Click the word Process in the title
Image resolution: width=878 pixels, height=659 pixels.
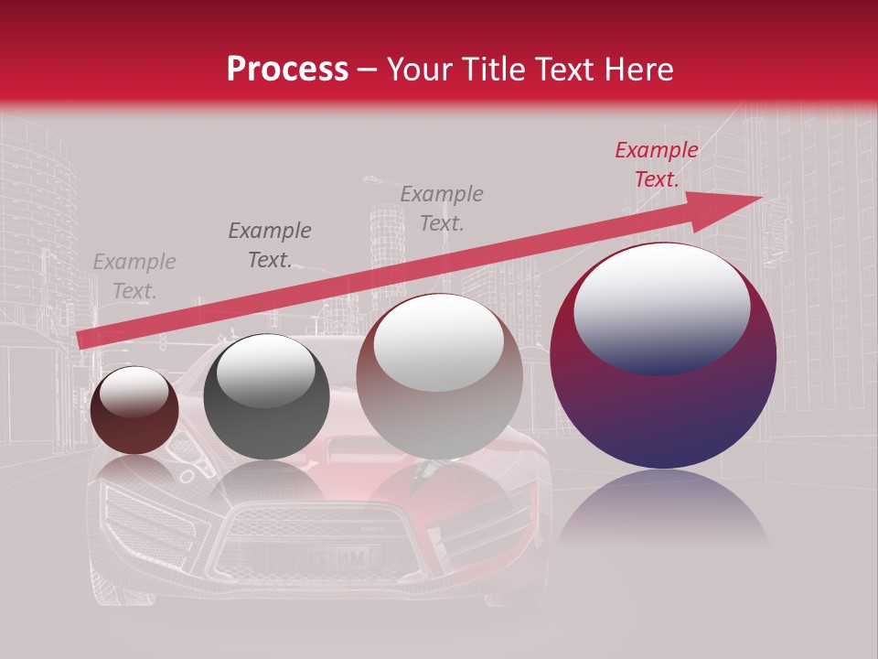tap(287, 70)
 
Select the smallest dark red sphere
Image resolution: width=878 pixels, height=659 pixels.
tap(134, 411)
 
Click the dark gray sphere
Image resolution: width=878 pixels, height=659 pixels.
tap(266, 397)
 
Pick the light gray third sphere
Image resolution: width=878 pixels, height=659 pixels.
tap(439, 376)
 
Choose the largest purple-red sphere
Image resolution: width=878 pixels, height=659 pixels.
tap(663, 356)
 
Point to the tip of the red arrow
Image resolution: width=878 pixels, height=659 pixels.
tap(759, 197)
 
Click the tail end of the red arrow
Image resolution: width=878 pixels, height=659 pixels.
tap(80, 340)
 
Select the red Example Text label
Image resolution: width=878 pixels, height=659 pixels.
tap(656, 165)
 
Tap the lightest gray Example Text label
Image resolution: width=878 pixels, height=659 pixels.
tap(134, 276)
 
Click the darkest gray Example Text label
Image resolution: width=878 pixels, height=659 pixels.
tap(270, 244)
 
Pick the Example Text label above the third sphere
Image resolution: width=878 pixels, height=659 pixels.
tap(442, 208)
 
